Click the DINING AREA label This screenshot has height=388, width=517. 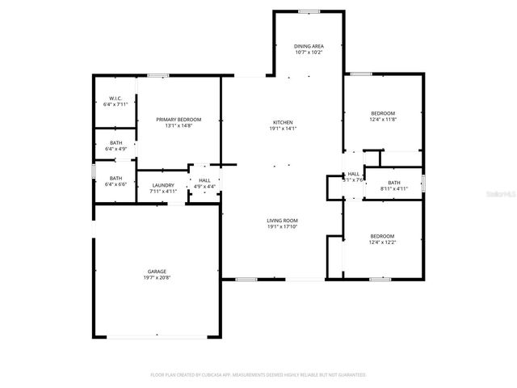coord(308,47)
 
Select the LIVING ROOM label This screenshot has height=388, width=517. coord(283,221)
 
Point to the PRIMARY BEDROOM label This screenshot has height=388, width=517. coord(179,120)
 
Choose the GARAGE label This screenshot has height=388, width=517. coord(157,272)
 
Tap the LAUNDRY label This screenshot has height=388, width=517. coord(163,185)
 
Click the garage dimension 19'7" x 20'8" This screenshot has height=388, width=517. coord(157,278)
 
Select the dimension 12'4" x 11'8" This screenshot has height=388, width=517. coord(383,120)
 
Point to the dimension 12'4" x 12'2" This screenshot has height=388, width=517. coord(383,242)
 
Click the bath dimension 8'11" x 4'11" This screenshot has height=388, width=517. coord(394,189)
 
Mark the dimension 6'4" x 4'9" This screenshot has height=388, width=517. coord(116,150)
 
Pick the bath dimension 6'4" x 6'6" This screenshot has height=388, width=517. coord(116,184)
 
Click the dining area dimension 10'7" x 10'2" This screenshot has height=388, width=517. coord(308,53)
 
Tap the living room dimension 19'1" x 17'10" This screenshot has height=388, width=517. coord(283,227)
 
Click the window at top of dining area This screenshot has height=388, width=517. coord(308,11)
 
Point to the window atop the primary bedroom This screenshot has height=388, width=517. coord(158,76)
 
